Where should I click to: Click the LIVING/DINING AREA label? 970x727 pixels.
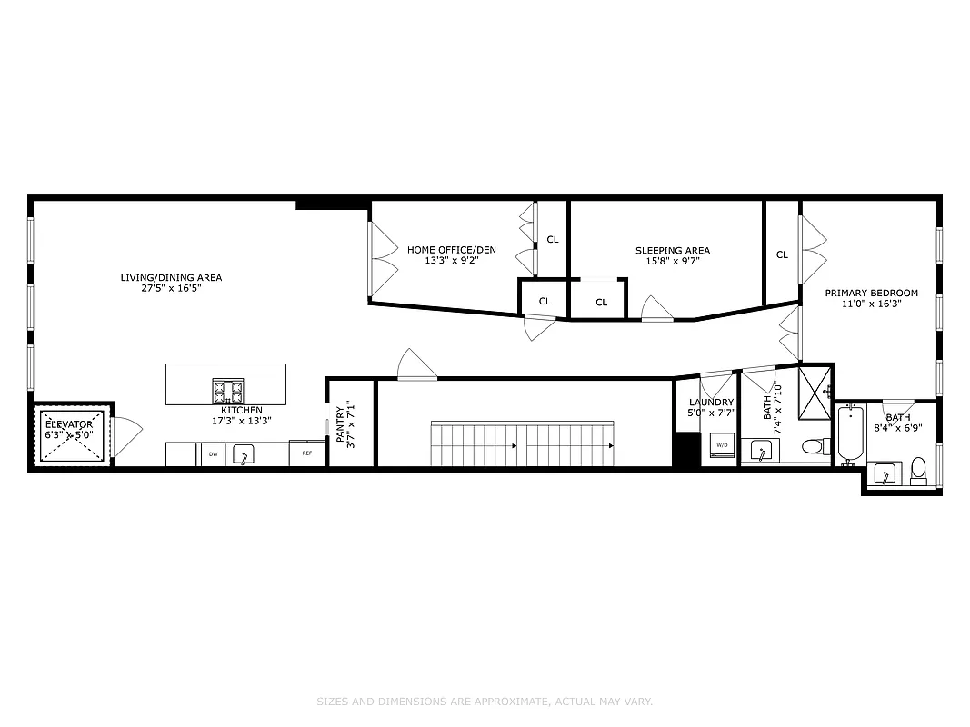(x=171, y=278)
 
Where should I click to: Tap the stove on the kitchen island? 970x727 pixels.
(x=228, y=392)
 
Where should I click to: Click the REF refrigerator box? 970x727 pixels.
(x=307, y=453)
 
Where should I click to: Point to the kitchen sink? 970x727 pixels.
(x=243, y=453)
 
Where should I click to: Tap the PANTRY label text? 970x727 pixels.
(x=340, y=425)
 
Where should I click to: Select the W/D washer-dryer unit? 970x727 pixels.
(x=722, y=445)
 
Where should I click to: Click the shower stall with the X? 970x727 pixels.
(x=815, y=392)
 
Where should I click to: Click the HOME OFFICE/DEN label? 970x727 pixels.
(x=451, y=250)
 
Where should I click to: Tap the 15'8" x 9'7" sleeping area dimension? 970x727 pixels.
(x=673, y=261)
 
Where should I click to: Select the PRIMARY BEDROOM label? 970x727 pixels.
(x=871, y=294)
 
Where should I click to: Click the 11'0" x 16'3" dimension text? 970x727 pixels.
(x=871, y=304)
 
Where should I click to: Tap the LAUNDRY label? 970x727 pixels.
(x=711, y=403)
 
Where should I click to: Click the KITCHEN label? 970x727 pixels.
(x=241, y=411)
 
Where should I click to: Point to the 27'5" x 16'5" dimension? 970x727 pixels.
(x=171, y=289)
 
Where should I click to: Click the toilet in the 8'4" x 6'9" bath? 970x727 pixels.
(x=918, y=471)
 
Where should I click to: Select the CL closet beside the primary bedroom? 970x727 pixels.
(x=782, y=255)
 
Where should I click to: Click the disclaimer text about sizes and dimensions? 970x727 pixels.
(x=485, y=702)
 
